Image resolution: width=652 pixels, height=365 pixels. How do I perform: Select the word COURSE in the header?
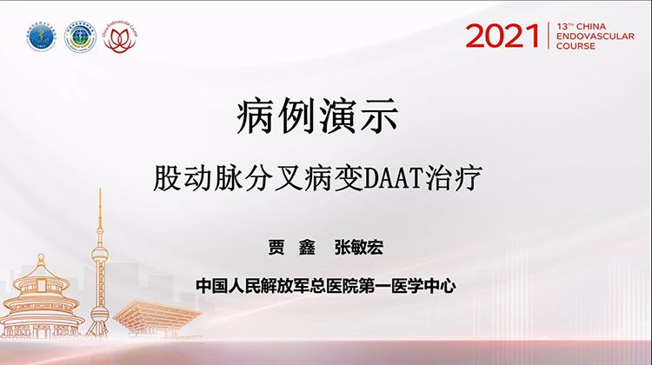point(575,46)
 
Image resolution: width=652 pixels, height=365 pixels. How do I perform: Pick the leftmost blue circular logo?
point(41,37)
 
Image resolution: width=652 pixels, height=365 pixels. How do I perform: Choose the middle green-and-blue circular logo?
point(81,37)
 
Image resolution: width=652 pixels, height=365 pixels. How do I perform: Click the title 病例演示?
point(305,116)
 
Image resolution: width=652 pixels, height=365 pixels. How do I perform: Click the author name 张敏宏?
point(358,248)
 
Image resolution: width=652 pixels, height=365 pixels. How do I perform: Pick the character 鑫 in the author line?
point(306,248)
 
